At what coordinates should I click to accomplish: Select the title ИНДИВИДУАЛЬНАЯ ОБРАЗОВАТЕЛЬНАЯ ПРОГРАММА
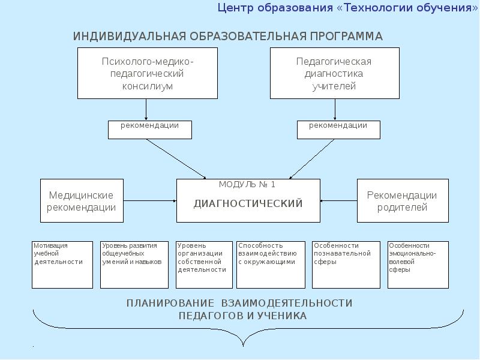[x=228, y=37]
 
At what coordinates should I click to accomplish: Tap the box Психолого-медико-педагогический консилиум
[x=148, y=74]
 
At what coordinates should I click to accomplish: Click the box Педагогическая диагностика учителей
[x=334, y=74]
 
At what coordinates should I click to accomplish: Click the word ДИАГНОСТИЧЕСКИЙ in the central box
[x=248, y=203]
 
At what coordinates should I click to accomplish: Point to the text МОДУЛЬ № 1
[x=247, y=184]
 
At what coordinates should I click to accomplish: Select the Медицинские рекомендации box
[x=82, y=201]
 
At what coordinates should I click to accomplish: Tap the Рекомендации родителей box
[x=402, y=201]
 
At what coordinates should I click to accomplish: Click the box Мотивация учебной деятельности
[x=62, y=265]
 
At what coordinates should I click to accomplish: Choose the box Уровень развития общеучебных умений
[x=134, y=265]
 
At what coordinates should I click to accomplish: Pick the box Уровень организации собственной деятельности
[x=204, y=265]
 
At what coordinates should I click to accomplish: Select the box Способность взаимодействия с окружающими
[x=271, y=265]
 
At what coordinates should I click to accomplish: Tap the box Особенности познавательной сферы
[x=346, y=265]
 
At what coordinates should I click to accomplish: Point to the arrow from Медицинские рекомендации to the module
[x=150, y=201]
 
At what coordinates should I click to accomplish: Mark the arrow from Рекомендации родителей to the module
[x=338, y=201]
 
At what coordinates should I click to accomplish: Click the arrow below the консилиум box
[x=146, y=109]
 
